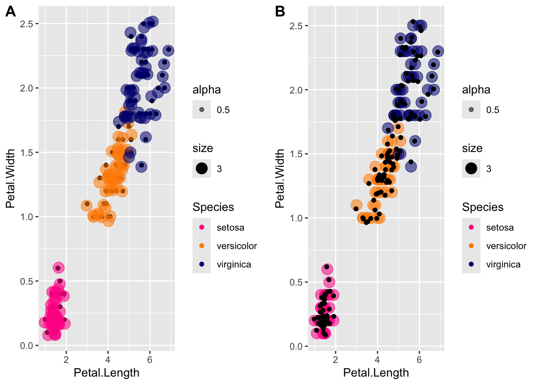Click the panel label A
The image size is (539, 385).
[11, 12]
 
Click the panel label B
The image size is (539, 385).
[280, 12]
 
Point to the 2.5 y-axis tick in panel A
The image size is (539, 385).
[26, 24]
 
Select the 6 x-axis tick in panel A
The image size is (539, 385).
[150, 359]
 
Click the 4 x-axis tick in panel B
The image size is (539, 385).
[377, 359]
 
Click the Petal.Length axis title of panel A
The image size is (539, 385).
[107, 373]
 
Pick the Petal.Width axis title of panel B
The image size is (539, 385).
[280, 178]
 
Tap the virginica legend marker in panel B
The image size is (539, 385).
[471, 264]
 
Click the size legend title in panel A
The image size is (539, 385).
[203, 148]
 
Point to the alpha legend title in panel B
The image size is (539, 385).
[476, 89]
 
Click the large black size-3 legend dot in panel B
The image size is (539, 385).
[471, 168]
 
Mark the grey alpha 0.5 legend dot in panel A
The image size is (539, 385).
[202, 109]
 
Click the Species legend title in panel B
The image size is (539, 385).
[482, 207]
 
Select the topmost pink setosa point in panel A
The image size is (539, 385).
[59, 268]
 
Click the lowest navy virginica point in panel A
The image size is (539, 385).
[141, 166]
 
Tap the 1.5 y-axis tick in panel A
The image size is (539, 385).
[26, 152]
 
